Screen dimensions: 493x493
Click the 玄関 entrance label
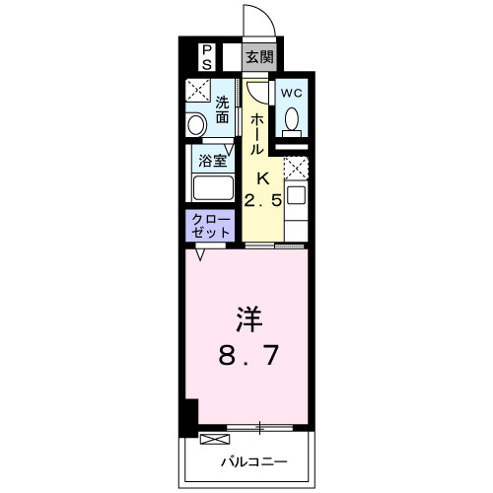coord(259,55)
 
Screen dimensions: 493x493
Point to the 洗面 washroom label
coord(223,108)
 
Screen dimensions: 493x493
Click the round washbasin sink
coord(196,124)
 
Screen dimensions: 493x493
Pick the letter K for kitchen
coord(263,178)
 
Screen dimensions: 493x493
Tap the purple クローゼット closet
coord(208,225)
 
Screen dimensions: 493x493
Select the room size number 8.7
coord(246,354)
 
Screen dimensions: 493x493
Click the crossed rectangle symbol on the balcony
coord(213,438)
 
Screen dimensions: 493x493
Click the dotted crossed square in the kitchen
coord(297,167)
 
